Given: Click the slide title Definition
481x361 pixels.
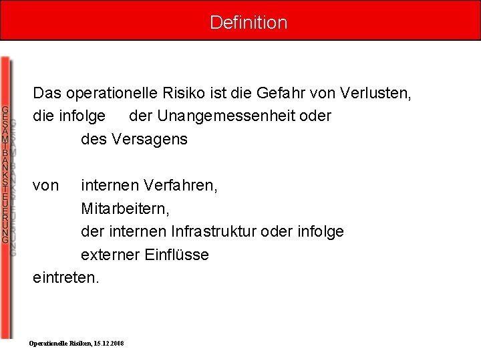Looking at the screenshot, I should (249, 22).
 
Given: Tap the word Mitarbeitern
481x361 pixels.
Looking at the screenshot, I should (125, 209).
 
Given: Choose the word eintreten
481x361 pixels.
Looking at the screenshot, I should (65, 277).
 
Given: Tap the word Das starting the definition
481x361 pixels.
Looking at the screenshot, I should (46, 92).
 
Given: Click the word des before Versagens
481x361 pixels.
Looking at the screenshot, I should (93, 139).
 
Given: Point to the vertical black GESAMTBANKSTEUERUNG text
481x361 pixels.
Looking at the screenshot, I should (5, 174).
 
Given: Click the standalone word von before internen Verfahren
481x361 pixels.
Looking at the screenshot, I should (45, 185).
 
